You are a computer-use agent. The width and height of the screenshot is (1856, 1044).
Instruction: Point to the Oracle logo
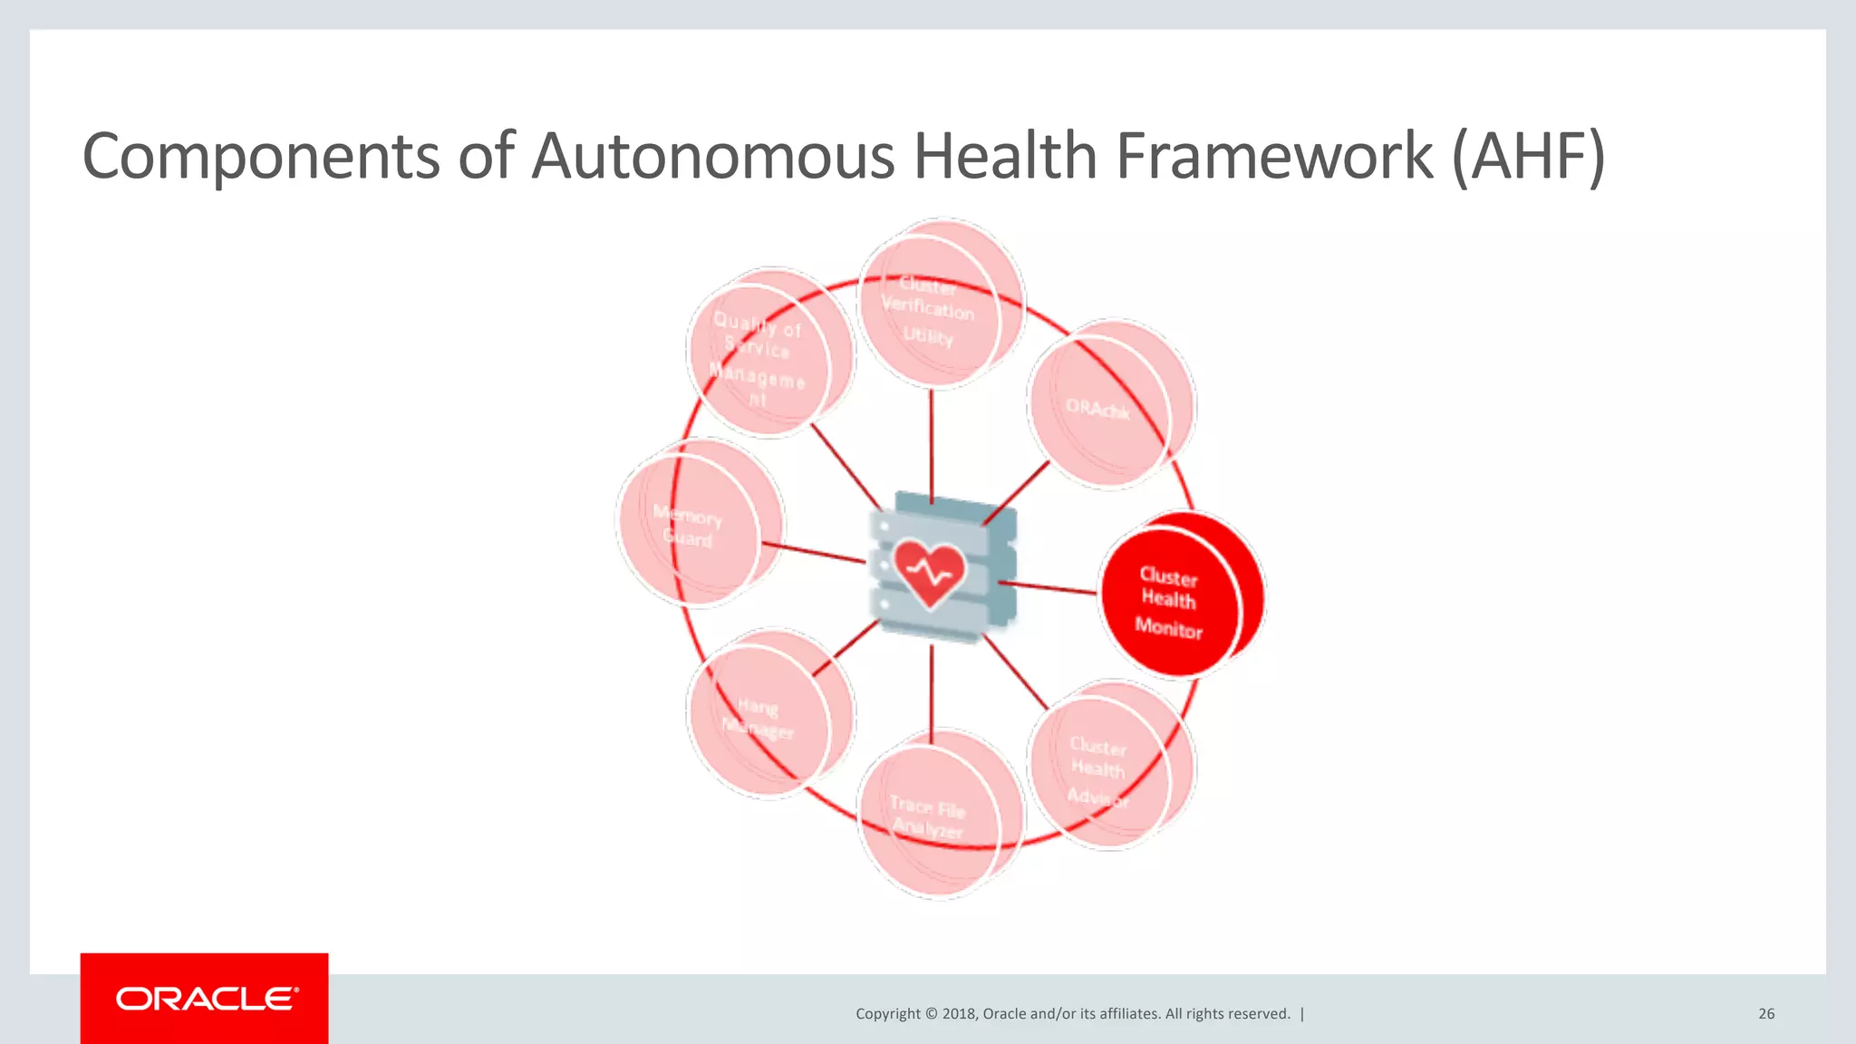[205, 999]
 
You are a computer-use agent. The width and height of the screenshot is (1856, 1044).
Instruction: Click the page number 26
[1766, 1013]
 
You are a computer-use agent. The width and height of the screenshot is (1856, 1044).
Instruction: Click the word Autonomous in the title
[713, 156]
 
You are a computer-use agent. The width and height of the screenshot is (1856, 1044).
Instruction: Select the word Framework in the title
[1274, 156]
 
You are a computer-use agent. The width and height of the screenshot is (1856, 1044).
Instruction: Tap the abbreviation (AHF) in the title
[1528, 156]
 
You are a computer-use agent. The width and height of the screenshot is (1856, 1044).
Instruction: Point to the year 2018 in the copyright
[959, 1013]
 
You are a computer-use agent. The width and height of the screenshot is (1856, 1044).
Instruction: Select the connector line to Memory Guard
[814, 553]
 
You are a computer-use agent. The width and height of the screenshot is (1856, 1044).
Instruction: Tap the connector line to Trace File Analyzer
[932, 689]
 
